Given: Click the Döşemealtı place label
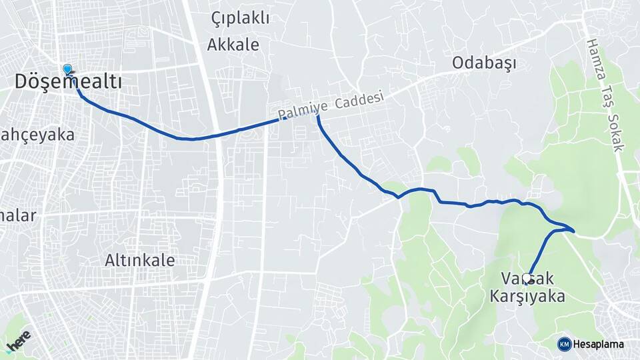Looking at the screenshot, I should click(69, 82).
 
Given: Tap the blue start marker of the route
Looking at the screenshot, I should click(67, 69).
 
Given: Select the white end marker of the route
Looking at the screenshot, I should click(527, 277).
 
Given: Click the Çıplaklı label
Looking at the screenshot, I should click(241, 18).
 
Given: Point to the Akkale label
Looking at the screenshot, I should click(233, 45).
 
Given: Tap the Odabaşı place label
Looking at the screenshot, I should click(485, 63).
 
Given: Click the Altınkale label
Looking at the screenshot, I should click(140, 260).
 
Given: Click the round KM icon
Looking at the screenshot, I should click(564, 344).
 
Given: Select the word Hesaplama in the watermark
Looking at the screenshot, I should click(598, 344).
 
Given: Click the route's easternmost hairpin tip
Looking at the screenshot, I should click(573, 231).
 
